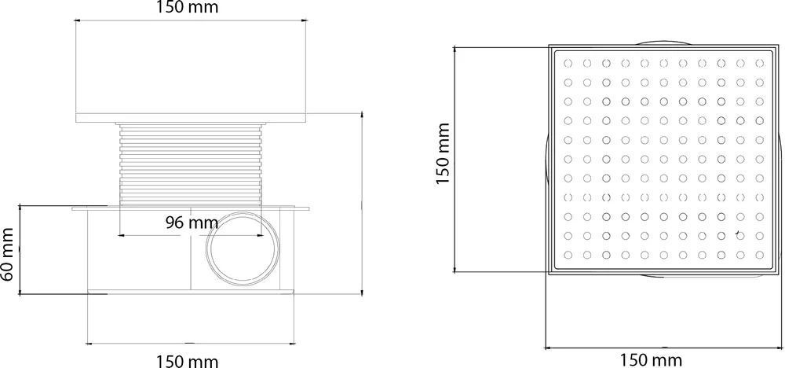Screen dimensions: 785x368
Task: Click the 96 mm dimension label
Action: tap(192, 222)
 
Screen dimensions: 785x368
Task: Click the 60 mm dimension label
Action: tap(8, 254)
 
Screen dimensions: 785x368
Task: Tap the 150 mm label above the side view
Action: tap(188, 8)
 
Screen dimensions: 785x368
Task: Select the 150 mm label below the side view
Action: tap(188, 360)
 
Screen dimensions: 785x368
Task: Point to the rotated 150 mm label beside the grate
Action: tap(444, 153)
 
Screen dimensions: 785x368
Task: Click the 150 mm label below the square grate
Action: tap(652, 359)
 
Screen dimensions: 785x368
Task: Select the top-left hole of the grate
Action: tap(568, 63)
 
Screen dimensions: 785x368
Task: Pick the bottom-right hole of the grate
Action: tap(759, 255)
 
